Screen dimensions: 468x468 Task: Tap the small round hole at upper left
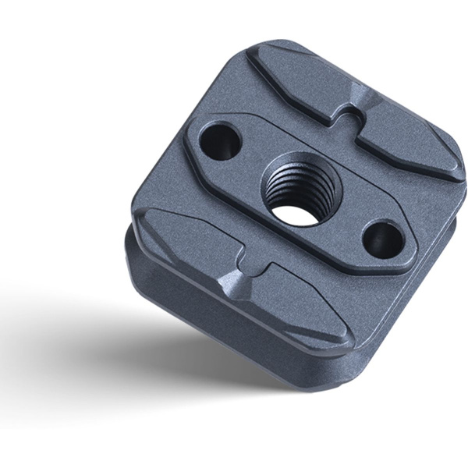coord(220,142)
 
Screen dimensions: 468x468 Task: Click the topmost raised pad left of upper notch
coord(292,78)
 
